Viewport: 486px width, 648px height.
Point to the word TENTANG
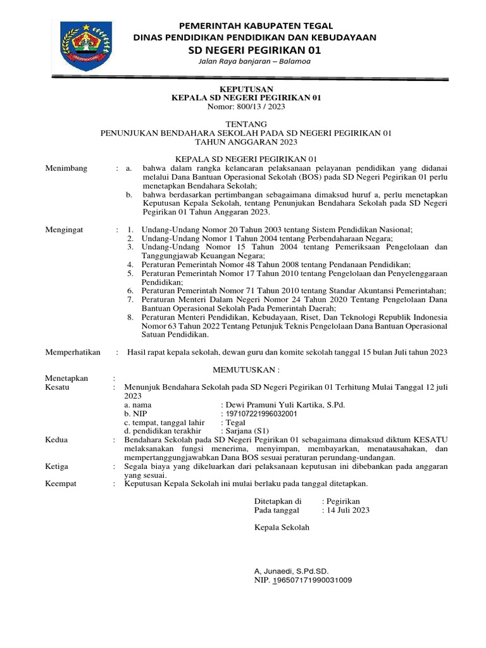point(247,123)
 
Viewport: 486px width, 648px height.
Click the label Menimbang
point(66,168)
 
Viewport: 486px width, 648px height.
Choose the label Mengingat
point(65,228)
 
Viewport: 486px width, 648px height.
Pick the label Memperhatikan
point(73,352)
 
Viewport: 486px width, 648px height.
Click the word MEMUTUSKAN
point(246,368)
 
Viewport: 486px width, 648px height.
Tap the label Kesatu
point(58,387)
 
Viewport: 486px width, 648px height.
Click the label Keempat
point(61,483)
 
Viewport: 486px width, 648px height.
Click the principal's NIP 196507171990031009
point(303,580)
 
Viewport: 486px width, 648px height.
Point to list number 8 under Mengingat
point(130,316)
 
